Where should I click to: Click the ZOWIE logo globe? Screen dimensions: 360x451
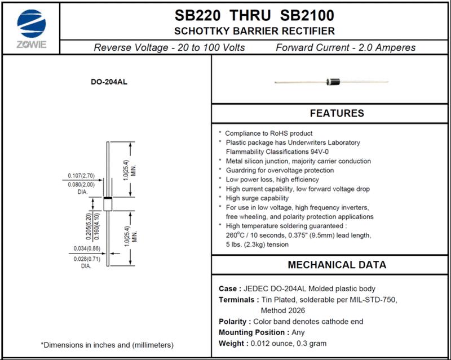pos(32,24)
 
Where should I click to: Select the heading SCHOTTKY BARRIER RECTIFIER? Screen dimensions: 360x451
pos(254,31)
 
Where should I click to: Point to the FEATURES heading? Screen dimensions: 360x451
pos(337,113)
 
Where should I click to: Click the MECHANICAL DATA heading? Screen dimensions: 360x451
pos(337,265)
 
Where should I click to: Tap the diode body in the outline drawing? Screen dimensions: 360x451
pos(107,204)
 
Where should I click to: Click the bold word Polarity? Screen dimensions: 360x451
pos(233,322)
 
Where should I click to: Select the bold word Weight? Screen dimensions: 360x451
pos(231,343)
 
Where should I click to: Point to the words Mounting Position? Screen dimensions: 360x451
pos(252,332)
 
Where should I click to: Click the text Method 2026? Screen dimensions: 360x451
pos(282,310)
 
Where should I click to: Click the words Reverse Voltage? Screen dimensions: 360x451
pos(131,47)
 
